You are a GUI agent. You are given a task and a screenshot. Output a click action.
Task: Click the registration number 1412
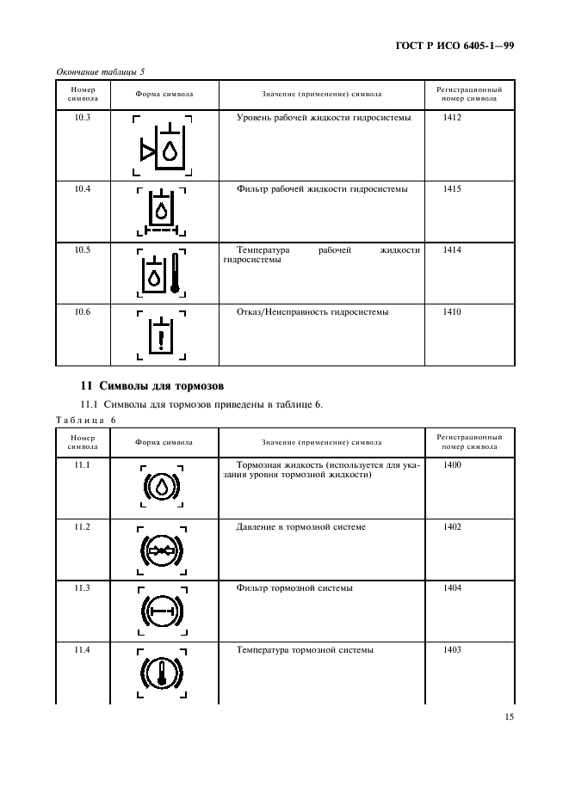[452, 117]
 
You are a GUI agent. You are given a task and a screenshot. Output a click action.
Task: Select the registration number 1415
[452, 188]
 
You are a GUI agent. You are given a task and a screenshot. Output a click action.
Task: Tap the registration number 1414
[452, 250]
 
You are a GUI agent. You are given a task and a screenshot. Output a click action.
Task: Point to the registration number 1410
[452, 312]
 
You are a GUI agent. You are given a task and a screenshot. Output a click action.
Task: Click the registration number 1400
[452, 465]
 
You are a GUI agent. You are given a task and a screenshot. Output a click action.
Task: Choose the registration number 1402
[452, 527]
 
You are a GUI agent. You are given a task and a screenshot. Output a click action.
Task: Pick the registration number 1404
[452, 588]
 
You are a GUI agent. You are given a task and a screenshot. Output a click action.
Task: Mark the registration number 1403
[452, 650]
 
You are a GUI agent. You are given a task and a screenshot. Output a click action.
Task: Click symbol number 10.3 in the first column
[83, 117]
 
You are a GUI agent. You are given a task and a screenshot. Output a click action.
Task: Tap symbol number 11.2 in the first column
[83, 527]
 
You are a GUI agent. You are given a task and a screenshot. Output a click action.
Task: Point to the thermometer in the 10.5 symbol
[175, 273]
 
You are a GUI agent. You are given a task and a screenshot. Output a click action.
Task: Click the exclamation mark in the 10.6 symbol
[161, 335]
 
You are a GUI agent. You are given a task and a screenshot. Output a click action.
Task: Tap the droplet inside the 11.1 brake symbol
[161, 488]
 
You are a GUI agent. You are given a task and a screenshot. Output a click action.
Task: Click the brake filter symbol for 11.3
[161, 611]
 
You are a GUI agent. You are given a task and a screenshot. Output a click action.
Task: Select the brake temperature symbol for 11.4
[161, 673]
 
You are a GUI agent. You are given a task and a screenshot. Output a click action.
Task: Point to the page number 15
[508, 716]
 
